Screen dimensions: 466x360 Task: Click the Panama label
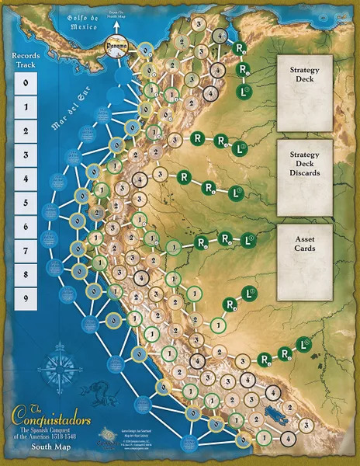[113, 46]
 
